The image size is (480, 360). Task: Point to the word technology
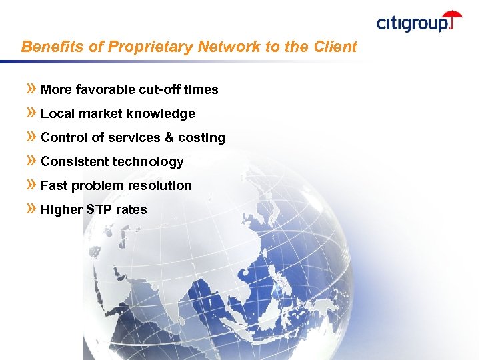pyautogui.click(x=148, y=162)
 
